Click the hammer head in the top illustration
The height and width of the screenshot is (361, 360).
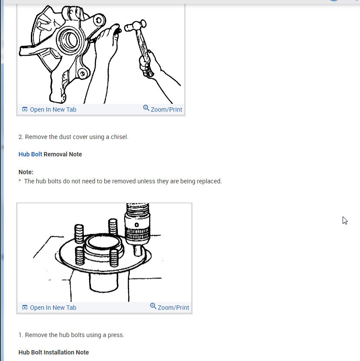(x=135, y=26)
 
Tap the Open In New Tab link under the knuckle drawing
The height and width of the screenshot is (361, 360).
(x=53, y=109)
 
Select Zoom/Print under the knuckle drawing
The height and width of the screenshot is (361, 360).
(x=167, y=109)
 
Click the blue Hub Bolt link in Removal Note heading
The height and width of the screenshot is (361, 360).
(x=30, y=154)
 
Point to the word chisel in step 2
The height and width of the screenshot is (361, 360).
(x=120, y=137)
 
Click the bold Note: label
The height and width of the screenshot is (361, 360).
(x=26, y=172)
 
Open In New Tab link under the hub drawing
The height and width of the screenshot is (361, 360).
(x=53, y=308)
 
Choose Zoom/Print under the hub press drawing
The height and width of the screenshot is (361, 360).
(x=173, y=308)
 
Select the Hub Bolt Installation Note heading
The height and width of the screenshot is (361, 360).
(x=53, y=352)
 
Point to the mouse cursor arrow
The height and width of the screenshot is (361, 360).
(x=345, y=221)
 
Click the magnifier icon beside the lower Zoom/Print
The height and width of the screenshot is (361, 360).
(x=153, y=306)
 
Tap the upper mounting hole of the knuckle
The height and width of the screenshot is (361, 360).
(x=99, y=20)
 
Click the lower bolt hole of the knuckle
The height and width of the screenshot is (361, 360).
(x=82, y=74)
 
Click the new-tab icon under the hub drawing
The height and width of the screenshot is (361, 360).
(x=25, y=308)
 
